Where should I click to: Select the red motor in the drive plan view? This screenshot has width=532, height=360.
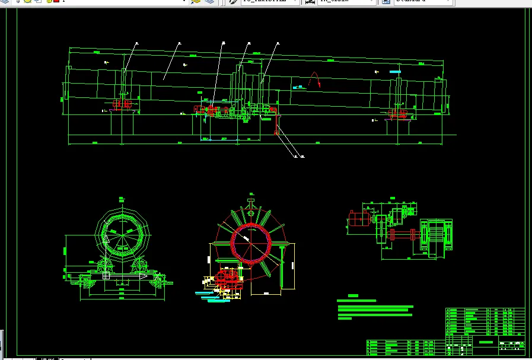(358, 219)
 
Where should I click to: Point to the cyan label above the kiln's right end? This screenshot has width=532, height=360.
(396, 71)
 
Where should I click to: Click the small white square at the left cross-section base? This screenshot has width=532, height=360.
(106, 276)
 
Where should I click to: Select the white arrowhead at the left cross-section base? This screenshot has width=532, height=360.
(143, 276)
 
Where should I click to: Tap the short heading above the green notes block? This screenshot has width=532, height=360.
(353, 295)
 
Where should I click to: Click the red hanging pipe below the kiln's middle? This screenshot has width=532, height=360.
(275, 122)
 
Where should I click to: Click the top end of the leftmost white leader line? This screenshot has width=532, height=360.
(136, 43)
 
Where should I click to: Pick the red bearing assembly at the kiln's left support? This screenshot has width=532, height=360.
(121, 104)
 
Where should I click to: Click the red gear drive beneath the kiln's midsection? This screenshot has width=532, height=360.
(212, 110)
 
